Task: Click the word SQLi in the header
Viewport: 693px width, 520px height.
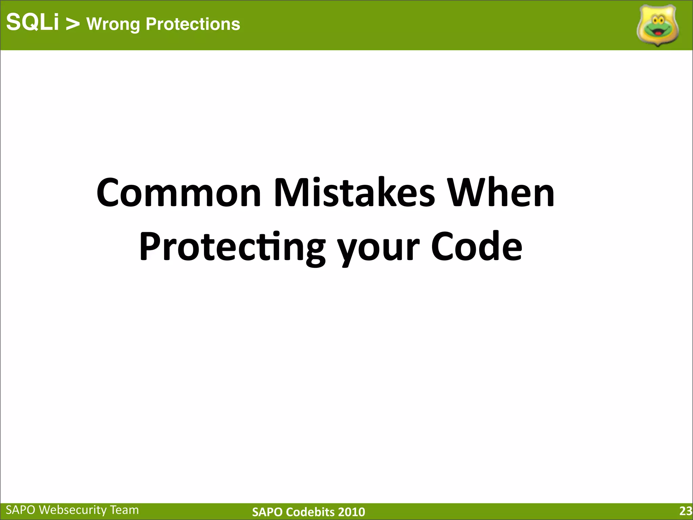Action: [32, 23]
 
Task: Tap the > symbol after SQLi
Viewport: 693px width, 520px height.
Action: [72, 24]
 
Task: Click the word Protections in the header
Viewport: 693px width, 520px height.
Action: [193, 24]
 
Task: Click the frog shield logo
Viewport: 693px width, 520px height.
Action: [657, 25]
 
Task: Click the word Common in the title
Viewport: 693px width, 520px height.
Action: [179, 193]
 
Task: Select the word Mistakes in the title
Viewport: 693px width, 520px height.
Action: [354, 193]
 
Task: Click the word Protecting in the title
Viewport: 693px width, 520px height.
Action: [232, 247]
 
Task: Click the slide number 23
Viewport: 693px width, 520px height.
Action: [686, 511]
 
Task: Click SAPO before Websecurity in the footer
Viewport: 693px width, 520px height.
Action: [21, 510]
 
